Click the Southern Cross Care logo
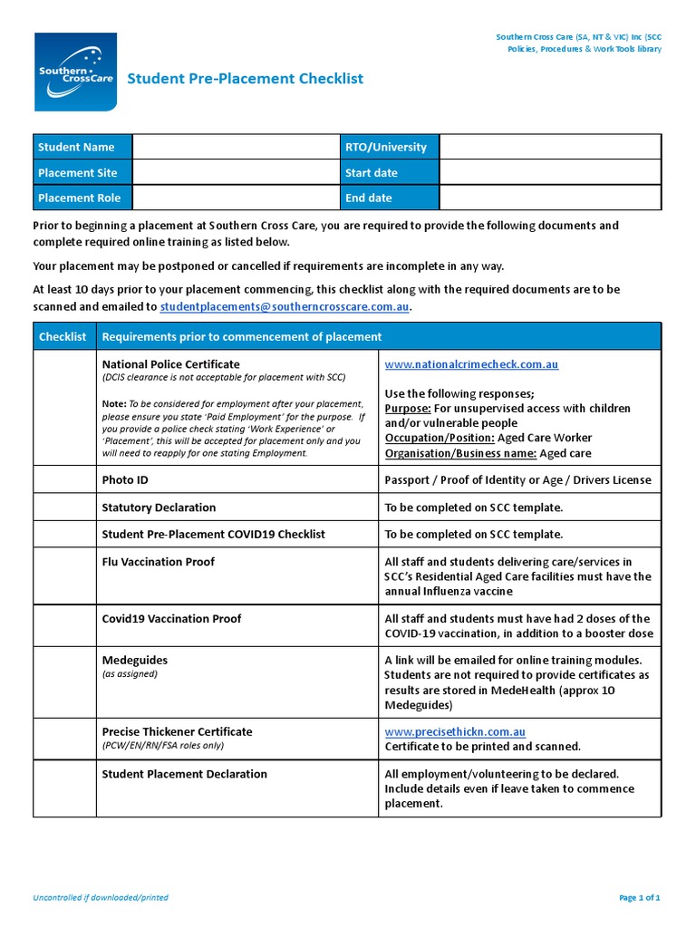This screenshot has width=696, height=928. (75, 72)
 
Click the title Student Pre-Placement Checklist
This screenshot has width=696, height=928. (245, 79)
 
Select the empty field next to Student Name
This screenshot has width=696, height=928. (235, 147)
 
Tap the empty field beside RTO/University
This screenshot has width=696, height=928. (550, 147)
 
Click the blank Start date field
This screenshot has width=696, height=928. (550, 172)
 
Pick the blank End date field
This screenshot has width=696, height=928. (550, 198)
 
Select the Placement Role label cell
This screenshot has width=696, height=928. (82, 198)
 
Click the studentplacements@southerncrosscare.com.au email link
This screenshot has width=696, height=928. (285, 307)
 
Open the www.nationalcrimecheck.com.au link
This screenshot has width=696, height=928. (471, 364)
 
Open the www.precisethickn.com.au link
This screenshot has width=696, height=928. (455, 731)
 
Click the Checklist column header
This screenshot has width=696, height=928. (63, 336)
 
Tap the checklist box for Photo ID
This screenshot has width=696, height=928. (63, 479)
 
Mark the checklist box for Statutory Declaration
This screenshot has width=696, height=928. (63, 507)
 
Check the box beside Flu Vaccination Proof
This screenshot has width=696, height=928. (63, 576)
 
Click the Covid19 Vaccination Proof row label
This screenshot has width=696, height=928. (172, 619)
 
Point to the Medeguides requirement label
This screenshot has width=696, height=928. (135, 661)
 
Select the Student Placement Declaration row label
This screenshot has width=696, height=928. (184, 774)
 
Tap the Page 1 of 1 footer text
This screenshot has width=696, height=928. (639, 898)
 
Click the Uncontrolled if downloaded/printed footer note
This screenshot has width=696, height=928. (101, 898)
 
